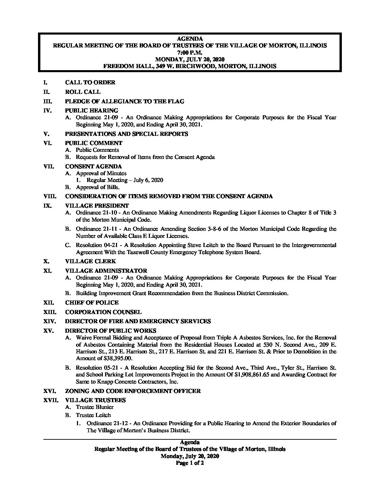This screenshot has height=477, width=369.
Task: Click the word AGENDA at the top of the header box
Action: [190, 39]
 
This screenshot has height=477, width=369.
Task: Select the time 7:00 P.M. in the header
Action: [190, 53]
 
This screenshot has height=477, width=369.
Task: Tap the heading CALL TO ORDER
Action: [90, 82]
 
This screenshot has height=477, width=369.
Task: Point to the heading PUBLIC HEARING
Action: [91, 110]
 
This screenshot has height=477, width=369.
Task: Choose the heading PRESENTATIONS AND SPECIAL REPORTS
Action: [126, 134]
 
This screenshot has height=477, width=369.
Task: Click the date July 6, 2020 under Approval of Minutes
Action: [148, 180]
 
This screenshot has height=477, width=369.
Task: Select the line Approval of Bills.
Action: [98, 187]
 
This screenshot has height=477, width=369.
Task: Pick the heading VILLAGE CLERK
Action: [90, 261]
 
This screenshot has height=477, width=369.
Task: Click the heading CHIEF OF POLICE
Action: [92, 303]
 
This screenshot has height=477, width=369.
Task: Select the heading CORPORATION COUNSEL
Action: [103, 312]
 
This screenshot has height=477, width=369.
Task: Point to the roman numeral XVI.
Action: [51, 391]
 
